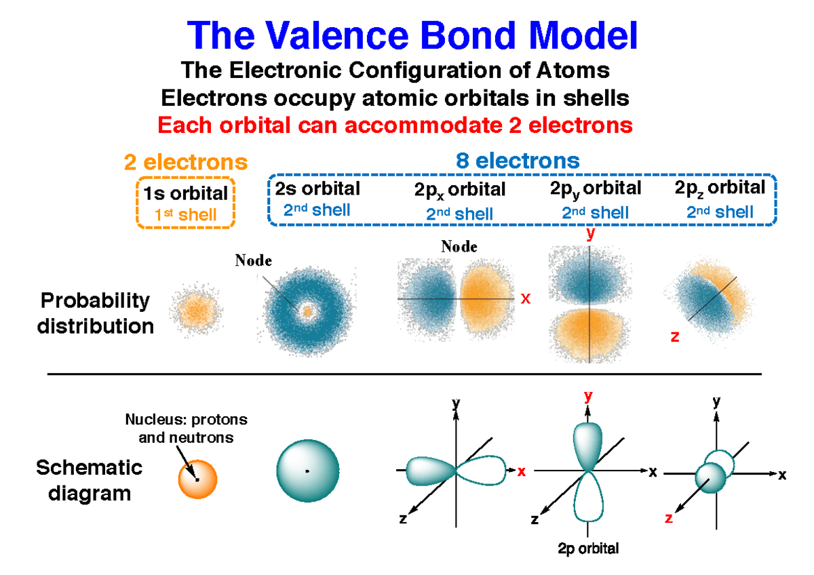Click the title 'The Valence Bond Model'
(412, 35)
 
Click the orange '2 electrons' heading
(185, 163)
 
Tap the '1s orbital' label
(185, 193)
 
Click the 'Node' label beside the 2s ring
(253, 260)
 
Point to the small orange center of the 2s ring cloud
(307, 312)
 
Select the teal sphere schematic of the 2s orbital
(308, 471)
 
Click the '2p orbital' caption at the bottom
(587, 549)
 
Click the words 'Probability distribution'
(95, 313)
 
